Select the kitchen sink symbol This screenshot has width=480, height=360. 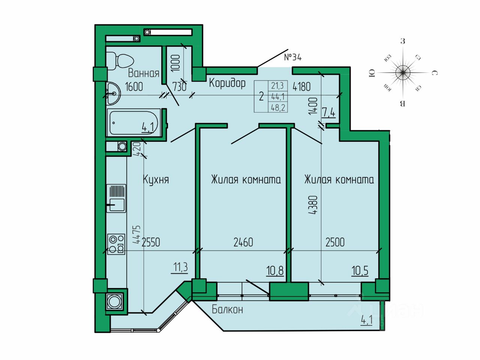(x=116, y=198)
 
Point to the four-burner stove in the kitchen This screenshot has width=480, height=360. (x=116, y=244)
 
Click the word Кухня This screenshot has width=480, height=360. (x=156, y=180)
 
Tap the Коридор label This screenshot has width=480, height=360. (x=227, y=83)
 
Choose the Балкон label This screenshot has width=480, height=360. (x=227, y=309)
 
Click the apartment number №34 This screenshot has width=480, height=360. (x=293, y=57)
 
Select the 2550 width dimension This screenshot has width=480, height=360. (x=151, y=242)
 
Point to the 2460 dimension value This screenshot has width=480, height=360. (x=243, y=242)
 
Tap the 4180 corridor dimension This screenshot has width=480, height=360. (x=301, y=87)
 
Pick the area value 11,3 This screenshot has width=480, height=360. (x=180, y=267)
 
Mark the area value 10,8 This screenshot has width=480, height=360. (x=275, y=271)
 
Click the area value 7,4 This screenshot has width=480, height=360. (x=328, y=113)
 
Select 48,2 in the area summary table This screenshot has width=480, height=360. (x=278, y=108)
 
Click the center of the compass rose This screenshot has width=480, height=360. (x=403, y=72)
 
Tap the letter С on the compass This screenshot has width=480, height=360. (x=434, y=73)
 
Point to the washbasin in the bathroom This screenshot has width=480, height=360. (x=114, y=93)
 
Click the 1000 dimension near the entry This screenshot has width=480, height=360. (x=176, y=63)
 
